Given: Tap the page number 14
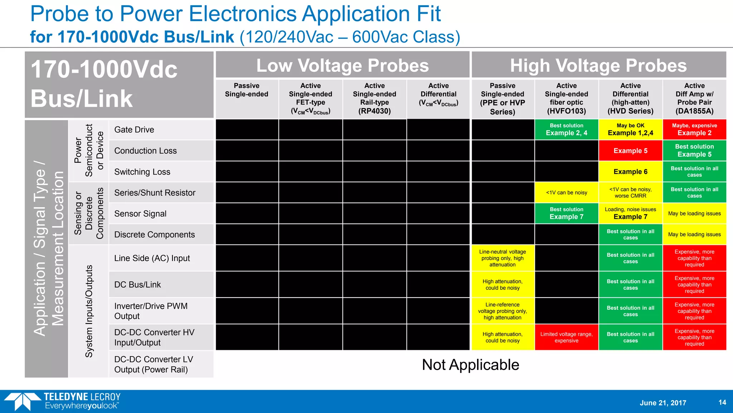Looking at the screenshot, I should pos(722,402).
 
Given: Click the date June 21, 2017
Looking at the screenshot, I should pos(663,403).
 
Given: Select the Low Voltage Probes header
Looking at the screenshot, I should pos(343,65).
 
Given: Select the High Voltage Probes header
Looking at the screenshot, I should pos(598,65).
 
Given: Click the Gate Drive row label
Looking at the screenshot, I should pos(134,130).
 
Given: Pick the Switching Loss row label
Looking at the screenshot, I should pos(142,172).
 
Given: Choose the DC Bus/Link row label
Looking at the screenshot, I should pos(137,285).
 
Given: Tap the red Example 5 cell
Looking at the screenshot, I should pos(630,151).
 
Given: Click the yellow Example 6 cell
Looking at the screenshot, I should pos(630,172).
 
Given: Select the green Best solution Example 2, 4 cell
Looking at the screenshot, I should pos(566,129).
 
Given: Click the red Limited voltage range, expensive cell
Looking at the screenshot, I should pos(566,337).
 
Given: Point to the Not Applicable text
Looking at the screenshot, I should pos(470,365).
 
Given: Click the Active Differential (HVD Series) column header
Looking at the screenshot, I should pos(630,99).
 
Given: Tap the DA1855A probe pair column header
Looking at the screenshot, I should pos(694,99).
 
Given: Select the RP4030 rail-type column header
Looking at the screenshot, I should pos(374,99).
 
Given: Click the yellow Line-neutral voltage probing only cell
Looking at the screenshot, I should pos(503,258).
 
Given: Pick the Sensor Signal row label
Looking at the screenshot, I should pos(140,214).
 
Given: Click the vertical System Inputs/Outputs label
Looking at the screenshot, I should pos(89,311).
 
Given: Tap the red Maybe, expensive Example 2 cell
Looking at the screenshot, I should pos(694,129).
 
